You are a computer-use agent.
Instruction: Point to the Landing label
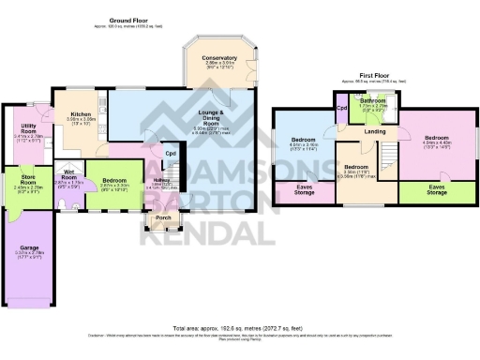pyautogui.click(x=376, y=131)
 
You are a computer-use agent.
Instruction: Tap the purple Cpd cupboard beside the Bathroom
pyautogui.click(x=342, y=107)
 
